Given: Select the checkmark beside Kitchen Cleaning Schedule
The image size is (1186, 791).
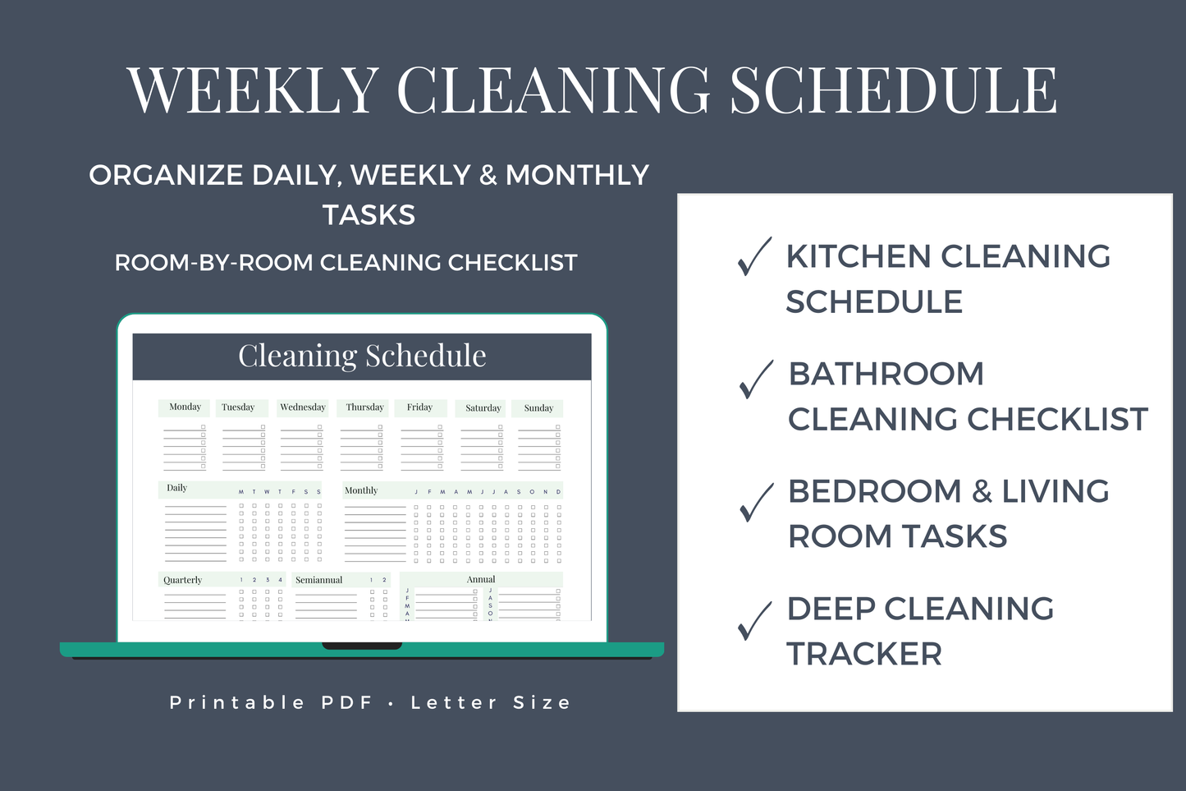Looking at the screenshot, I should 753,256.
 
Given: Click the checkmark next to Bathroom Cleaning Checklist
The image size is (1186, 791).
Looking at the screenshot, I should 755,379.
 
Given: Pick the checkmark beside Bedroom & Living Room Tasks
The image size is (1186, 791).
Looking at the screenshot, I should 755,502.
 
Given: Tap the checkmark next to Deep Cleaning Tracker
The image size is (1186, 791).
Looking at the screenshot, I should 754,620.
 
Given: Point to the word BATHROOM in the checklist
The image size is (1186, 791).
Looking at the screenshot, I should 886,374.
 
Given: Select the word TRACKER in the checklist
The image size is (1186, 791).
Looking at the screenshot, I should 863,655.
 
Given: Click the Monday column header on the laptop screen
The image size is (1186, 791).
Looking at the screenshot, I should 185,407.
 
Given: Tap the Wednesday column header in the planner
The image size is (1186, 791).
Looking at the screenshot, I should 302,407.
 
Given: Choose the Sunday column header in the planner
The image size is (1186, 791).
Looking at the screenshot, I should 538,408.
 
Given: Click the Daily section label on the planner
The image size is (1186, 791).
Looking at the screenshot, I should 176,488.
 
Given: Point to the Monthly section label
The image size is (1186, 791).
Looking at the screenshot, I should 361,490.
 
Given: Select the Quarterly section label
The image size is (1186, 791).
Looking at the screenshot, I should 182,580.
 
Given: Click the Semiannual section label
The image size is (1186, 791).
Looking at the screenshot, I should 318,580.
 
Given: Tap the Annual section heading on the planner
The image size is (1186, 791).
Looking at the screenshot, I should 481,579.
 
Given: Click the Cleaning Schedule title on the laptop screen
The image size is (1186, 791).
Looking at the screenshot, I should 362,356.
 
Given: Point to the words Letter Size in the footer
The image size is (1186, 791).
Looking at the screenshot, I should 490,702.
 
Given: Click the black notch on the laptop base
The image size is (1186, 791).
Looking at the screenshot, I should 362,646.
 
